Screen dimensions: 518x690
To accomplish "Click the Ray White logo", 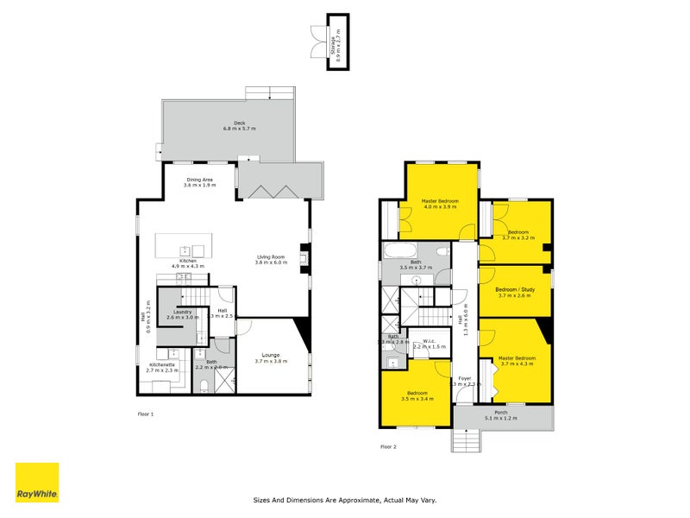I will [x=37, y=483].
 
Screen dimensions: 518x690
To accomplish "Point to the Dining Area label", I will [x=198, y=182].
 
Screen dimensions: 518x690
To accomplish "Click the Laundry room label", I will [x=182, y=314].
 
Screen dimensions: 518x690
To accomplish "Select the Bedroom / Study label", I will [x=514, y=292].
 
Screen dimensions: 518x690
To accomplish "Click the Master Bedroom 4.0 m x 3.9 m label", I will [x=439, y=204].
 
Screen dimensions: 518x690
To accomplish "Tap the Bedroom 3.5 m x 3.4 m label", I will [x=417, y=396].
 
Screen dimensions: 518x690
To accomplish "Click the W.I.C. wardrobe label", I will [x=428, y=343].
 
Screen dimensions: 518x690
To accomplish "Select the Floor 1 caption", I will [x=146, y=414].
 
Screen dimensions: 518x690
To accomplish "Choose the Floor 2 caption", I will [x=388, y=446].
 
